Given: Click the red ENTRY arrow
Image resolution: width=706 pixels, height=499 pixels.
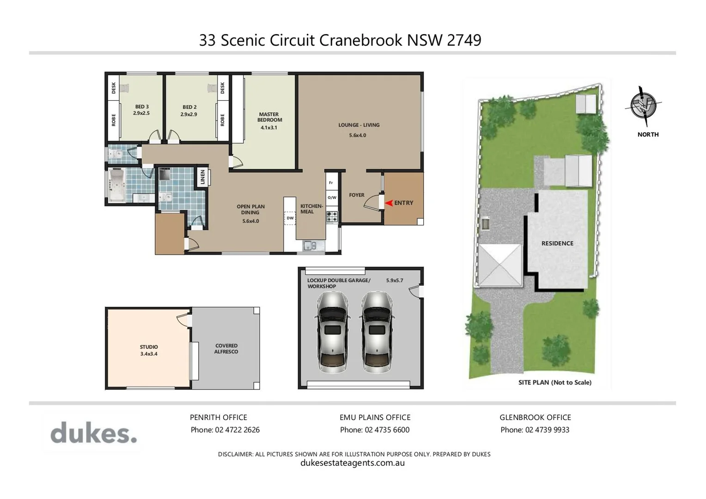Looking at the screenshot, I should click(389, 203).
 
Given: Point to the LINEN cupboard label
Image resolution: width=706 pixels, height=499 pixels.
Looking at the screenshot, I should click(202, 177).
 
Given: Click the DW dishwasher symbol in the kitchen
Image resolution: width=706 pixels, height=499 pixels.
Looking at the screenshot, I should click(290, 218).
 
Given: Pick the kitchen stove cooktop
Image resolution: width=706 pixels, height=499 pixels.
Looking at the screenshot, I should click(332, 217).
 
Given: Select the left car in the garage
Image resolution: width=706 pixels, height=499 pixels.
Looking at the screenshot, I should click(331, 331).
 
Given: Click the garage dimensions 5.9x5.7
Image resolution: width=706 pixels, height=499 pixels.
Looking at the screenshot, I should click(395, 280).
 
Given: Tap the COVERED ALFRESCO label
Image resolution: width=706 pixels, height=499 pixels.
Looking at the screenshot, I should click(226, 349).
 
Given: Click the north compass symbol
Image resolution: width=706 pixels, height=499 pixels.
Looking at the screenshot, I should click(643, 106).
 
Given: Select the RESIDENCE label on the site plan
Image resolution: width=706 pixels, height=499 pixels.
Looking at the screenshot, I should click(557, 243).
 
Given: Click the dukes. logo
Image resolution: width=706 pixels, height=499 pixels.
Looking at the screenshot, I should click(94, 433).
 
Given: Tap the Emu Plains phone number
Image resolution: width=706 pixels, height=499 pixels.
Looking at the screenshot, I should click(375, 430).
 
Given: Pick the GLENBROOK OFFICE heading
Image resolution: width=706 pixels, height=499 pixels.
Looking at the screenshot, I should click(535, 417).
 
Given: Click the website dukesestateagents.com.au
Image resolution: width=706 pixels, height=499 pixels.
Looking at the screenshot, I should click(353, 463).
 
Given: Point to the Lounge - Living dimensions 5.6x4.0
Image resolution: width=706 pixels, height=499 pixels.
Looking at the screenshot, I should click(358, 135).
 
